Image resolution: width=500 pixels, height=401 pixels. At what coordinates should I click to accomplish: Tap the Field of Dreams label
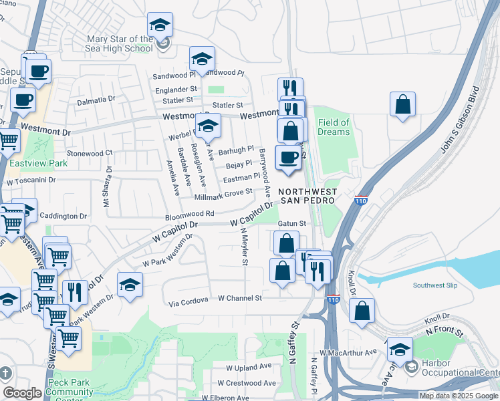[x=334, y=127]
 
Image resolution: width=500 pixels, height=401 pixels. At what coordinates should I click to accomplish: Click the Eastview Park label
[x=29, y=163]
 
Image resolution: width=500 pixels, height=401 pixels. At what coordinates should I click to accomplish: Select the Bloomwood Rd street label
[x=190, y=215]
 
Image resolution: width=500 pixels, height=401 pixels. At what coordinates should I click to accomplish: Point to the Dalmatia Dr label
[x=96, y=100]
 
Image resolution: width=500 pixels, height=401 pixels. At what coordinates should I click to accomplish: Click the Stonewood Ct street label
[x=89, y=153]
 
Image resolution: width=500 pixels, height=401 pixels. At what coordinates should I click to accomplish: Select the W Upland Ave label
[x=249, y=367]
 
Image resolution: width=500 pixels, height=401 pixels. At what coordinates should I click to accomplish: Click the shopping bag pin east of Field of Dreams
[x=402, y=105]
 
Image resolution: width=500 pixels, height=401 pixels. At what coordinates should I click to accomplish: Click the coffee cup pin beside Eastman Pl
[x=288, y=158]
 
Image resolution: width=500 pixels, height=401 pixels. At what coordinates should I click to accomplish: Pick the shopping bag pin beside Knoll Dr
[x=362, y=311]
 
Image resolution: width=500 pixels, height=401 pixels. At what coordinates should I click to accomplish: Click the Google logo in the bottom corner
[x=22, y=393]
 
